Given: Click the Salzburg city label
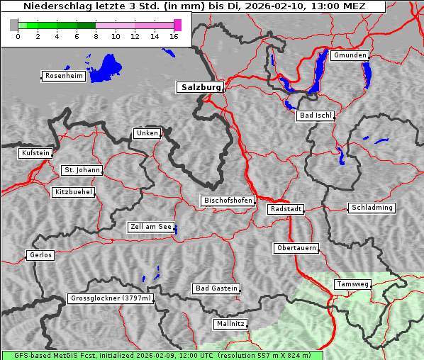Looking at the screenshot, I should (199, 87).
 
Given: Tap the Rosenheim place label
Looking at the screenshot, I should (63, 76).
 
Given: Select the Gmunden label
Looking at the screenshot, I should (350, 55).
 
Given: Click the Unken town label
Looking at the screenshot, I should (147, 133).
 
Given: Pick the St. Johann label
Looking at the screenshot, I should (82, 170).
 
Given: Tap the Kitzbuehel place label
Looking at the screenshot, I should (73, 192).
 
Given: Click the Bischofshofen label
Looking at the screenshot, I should (228, 201).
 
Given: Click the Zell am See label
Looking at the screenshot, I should (150, 227).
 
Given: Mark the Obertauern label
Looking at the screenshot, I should (296, 248).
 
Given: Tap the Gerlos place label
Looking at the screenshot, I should (40, 255).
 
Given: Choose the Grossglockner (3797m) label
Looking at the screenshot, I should (111, 298).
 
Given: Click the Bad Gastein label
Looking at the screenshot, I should (216, 288).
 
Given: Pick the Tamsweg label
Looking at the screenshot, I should (352, 284).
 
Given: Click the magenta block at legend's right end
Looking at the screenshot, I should (177, 25).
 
